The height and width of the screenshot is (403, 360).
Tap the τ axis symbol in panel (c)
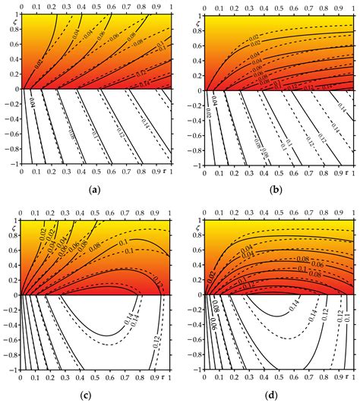(x=157, y=377)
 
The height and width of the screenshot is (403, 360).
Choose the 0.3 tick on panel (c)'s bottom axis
(x=65, y=377)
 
